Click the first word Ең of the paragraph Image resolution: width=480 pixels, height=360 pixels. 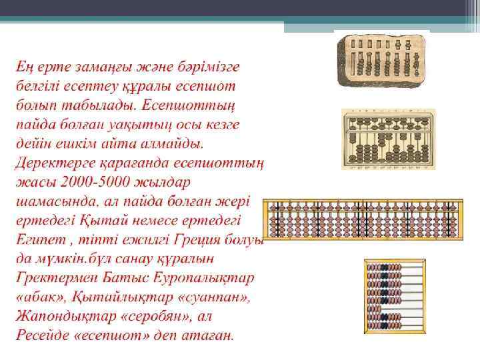tap(26, 67)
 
